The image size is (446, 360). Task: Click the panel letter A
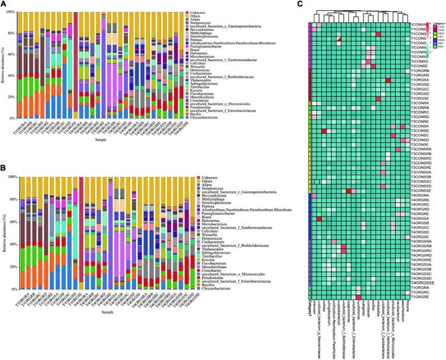pos(4,4)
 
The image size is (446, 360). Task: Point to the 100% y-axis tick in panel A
pos(17,13)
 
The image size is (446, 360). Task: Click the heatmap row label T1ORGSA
pos(420,80)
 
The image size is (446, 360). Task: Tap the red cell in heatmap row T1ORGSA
pos(388,80)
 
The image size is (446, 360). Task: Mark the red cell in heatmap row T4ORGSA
pos(319,219)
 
